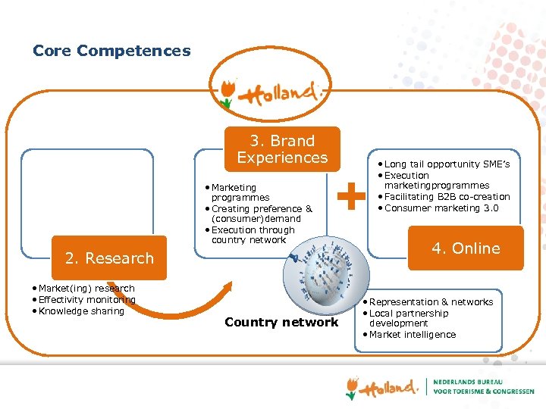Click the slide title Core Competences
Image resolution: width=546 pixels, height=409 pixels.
pos(111,52)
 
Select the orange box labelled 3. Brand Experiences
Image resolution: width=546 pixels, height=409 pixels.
pos(282,149)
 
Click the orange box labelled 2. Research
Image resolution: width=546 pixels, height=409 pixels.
pos(109,258)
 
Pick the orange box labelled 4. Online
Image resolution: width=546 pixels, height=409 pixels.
pos(466,248)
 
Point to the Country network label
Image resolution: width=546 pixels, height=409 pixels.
pos(281,323)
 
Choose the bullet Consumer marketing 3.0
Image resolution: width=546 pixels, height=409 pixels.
pos(441,208)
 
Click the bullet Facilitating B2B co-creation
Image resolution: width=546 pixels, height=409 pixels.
pos(447,197)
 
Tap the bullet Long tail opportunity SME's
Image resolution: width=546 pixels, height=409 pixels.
pos(447,164)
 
